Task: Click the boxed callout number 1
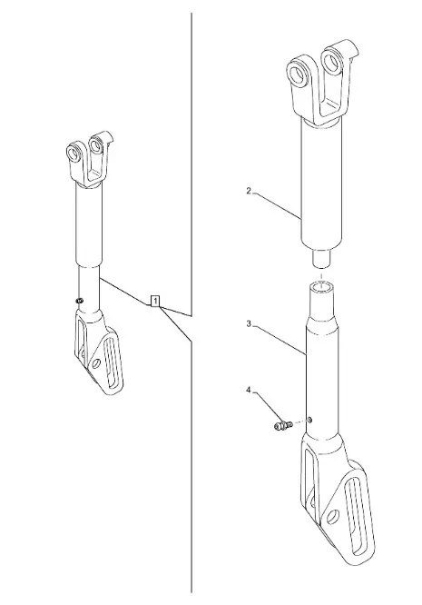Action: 155,301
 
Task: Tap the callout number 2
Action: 249,191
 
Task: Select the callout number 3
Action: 249,323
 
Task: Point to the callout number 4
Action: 249,390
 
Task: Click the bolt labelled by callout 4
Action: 283,425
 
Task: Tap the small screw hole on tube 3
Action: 309,420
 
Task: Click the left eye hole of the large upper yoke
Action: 298,74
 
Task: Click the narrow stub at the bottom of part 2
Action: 320,257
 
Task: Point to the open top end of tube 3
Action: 322,287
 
